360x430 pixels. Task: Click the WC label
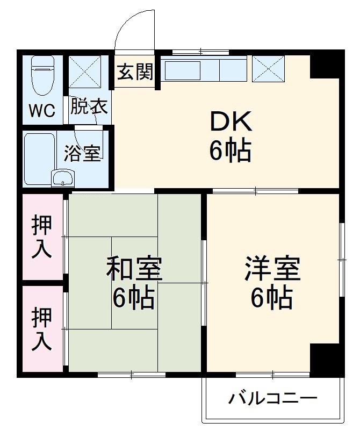pos(42,111)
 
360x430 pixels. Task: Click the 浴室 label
pos(82,153)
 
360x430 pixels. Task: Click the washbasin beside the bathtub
pos(63,177)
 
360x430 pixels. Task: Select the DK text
pos(230,123)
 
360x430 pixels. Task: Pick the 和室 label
pos(134,269)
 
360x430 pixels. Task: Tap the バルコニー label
pos(273,399)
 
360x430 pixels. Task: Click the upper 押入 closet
pos(42,236)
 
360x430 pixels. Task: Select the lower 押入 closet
pos(42,328)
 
